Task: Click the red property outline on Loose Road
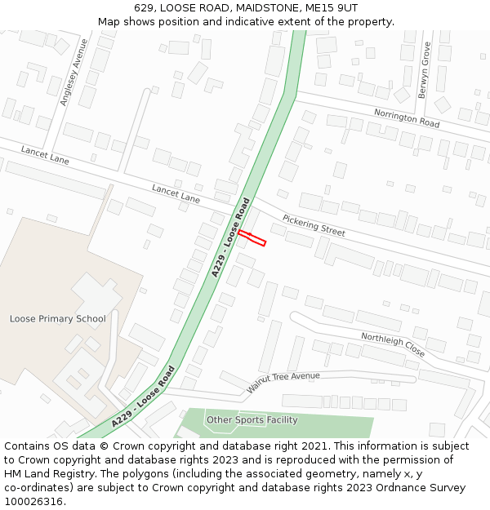pyautogui.click(x=252, y=237)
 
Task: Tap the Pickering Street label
pyautogui.click(x=314, y=226)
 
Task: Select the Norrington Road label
pyautogui.click(x=407, y=118)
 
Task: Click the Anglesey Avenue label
pyautogui.click(x=73, y=72)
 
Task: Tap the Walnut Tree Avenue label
pyautogui.click(x=283, y=382)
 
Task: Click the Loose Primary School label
pyautogui.click(x=57, y=318)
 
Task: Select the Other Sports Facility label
pyautogui.click(x=252, y=420)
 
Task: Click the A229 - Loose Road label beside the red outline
pyautogui.click(x=230, y=237)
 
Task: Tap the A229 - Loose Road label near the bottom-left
pyautogui.click(x=144, y=397)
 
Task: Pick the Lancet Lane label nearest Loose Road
pyautogui.click(x=176, y=193)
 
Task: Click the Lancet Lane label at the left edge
pyautogui.click(x=45, y=155)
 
